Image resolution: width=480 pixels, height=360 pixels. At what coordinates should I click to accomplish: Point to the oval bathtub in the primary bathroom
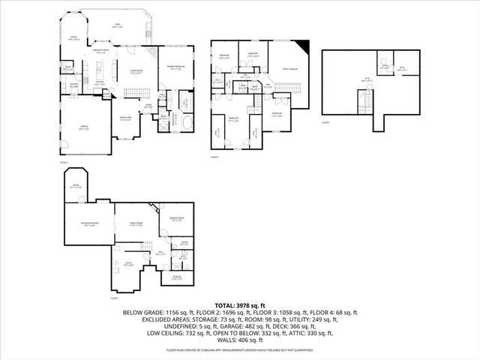coord(185,121)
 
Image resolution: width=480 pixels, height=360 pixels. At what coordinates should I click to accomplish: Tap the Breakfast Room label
coord(102,52)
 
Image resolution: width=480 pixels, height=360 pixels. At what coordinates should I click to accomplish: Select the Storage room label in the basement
coord(176,278)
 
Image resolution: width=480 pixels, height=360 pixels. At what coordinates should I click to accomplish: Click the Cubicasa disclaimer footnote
coord(239,349)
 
